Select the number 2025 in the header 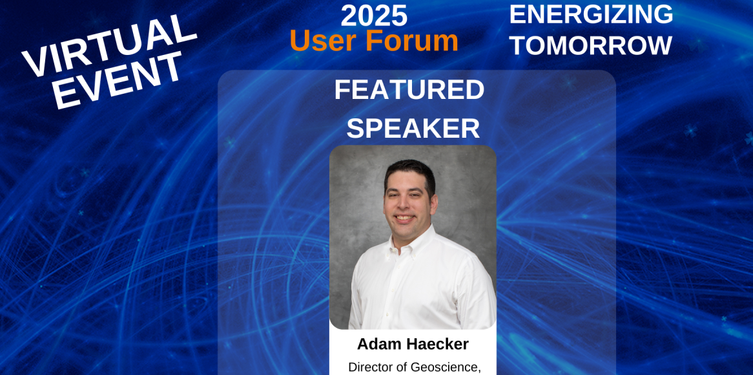click(x=374, y=16)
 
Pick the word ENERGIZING click(x=591, y=14)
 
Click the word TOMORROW click(x=591, y=46)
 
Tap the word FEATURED click(x=409, y=89)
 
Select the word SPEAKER click(x=413, y=129)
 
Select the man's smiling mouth click(x=404, y=218)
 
